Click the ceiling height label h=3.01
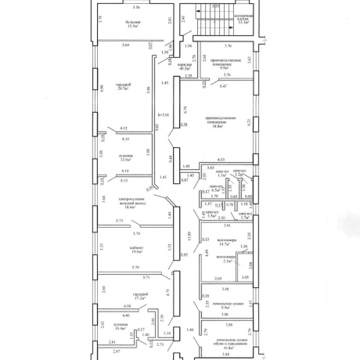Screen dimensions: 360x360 click(163, 116)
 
